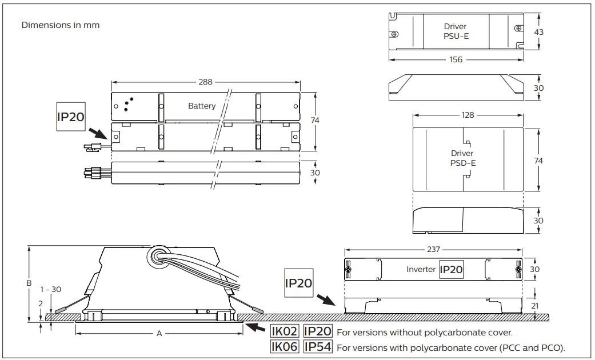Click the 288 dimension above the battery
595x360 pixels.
tap(205, 82)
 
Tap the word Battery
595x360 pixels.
tap(202, 106)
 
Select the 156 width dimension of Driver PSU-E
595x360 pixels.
tap(456, 59)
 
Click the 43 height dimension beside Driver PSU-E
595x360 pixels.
tap(539, 32)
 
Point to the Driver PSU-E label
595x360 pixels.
tap(456, 31)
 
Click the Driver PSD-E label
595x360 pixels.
tap(462, 158)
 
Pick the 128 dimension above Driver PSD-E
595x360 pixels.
tap(468, 115)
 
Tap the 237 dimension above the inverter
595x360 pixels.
tap(433, 249)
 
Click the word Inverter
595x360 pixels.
tap(421, 269)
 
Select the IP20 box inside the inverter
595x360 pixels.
tap(451, 269)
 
